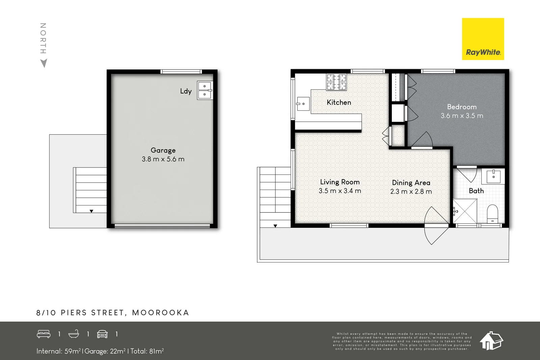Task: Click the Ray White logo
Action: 483,39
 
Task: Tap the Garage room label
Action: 163,150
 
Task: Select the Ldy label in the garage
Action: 186,91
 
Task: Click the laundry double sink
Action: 205,90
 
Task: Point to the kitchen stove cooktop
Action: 336,82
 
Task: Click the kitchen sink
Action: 303,104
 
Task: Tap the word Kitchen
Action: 339,102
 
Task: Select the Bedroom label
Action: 462,107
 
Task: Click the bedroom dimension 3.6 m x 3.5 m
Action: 462,116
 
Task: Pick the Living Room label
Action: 340,182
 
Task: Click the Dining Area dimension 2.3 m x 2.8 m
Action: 411,191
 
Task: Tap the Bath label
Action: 476,191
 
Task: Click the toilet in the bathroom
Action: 492,213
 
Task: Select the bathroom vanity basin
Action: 493,176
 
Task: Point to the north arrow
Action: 44,63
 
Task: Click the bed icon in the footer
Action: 44,334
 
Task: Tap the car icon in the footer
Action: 102,334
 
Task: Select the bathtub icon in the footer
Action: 74,334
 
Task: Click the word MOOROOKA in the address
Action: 160,313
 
